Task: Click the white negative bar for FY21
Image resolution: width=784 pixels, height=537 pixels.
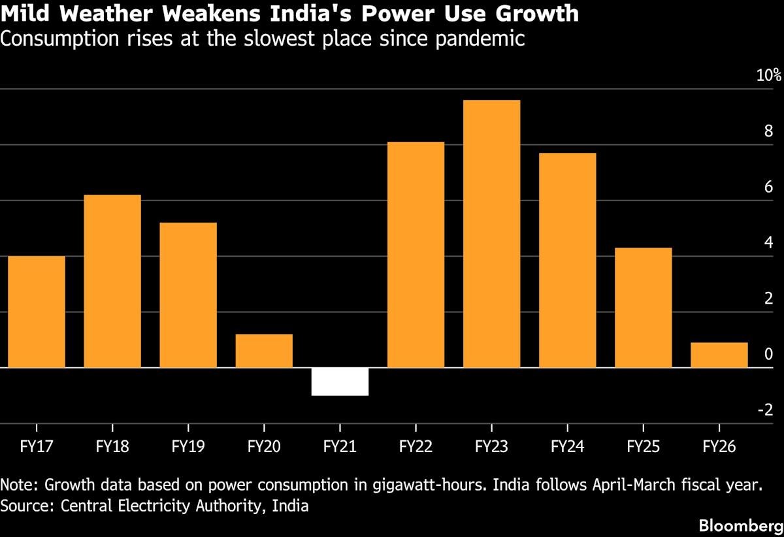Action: tap(340, 382)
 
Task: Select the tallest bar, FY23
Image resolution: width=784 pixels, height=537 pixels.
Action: tap(491, 234)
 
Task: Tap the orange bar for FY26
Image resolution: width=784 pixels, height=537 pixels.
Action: tap(719, 355)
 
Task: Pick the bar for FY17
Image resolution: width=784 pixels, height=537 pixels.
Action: tap(37, 312)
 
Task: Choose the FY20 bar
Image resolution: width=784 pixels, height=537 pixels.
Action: tap(264, 351)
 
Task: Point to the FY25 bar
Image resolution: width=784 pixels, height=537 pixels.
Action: tap(643, 308)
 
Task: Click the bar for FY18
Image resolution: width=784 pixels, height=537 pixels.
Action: tap(112, 282)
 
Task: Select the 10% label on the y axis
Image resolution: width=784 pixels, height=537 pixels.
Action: tap(768, 75)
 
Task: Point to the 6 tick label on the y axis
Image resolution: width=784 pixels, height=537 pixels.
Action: tap(768, 187)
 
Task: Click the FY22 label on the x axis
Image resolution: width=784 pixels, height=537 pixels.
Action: tap(416, 447)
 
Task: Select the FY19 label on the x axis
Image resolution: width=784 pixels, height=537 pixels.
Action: tap(188, 447)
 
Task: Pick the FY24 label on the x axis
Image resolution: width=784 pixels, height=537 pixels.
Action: tap(567, 447)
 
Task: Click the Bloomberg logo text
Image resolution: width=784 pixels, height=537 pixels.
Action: tap(740, 525)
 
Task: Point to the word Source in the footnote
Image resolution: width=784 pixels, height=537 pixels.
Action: tap(20, 505)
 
